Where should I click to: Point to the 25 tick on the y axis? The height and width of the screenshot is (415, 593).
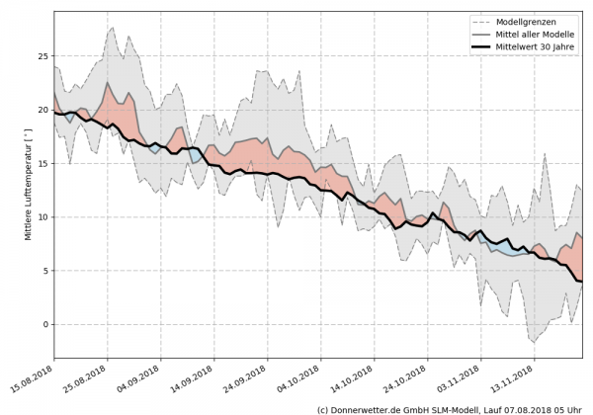(43, 56)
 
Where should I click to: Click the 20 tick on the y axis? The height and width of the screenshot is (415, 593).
(43, 110)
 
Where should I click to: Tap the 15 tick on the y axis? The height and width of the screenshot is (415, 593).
(43, 163)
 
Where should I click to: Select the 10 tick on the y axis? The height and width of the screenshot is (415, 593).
(43, 216)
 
